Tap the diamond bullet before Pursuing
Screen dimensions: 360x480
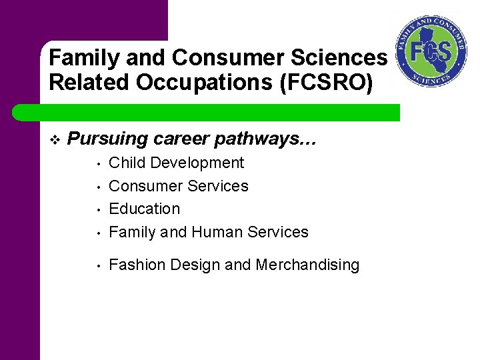tap(54, 139)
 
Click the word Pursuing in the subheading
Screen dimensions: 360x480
tap(109, 139)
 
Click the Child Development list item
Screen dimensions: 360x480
tap(176, 163)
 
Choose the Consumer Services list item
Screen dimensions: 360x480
tap(178, 186)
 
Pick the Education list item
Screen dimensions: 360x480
tap(144, 209)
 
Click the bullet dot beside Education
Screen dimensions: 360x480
tap(97, 210)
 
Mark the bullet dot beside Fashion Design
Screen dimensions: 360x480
tap(97, 266)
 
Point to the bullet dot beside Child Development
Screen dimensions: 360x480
tap(97, 164)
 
